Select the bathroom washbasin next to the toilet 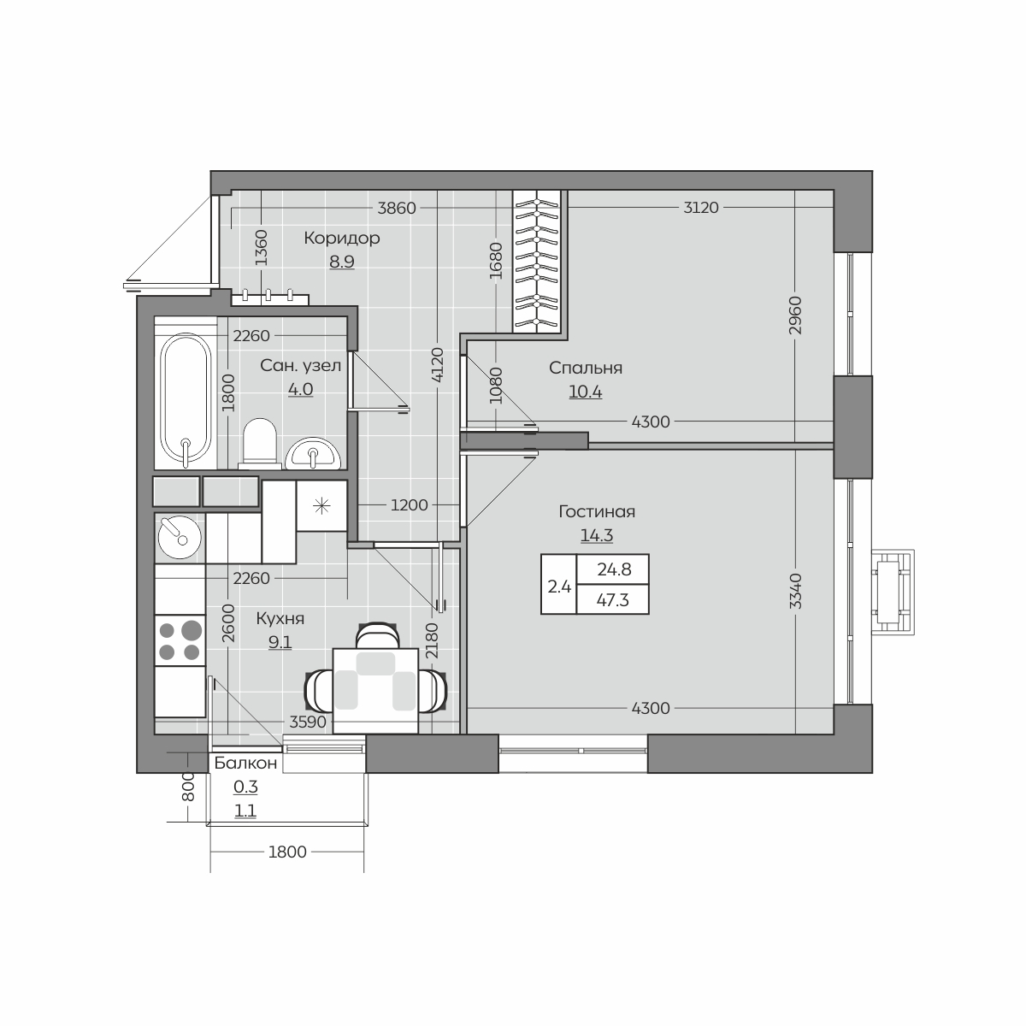[313, 454]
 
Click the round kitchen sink [180, 537]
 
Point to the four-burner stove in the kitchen [180, 640]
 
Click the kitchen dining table [374, 691]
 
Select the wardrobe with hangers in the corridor [537, 262]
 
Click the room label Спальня [585, 368]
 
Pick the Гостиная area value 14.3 [596, 535]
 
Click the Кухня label [280, 619]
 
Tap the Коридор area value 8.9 [342, 262]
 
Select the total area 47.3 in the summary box [613, 600]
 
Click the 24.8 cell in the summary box [614, 569]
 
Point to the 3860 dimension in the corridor [397, 208]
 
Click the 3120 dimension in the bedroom [701, 208]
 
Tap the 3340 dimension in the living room [795, 591]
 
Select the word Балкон [245, 764]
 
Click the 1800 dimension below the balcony [287, 852]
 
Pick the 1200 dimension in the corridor [409, 504]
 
